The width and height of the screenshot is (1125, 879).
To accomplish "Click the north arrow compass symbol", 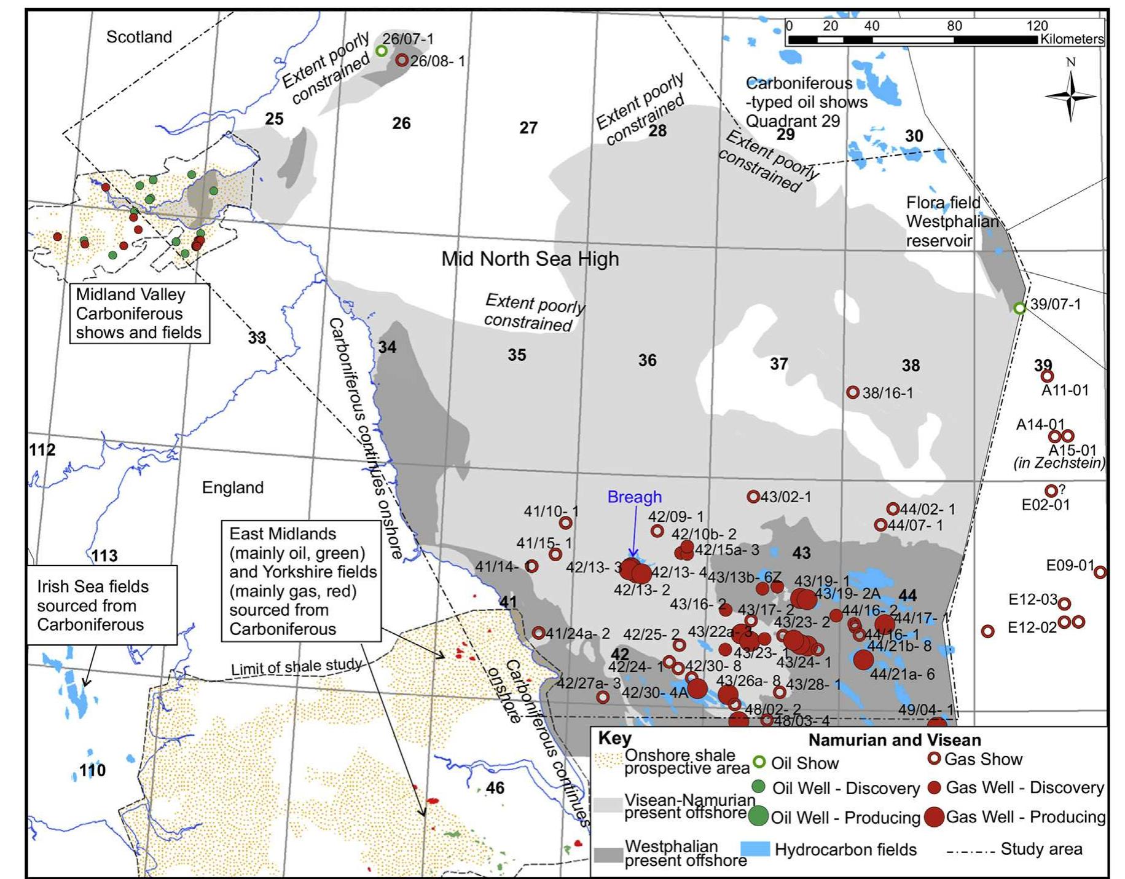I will pos(1070,95).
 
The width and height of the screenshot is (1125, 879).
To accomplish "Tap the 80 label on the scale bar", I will pos(954,26).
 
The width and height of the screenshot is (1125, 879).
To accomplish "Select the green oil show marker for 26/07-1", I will pos(382,50).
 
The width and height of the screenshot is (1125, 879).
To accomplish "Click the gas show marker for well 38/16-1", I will pos(852,392).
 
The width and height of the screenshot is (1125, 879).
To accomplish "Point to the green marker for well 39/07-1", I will pos(1019,308).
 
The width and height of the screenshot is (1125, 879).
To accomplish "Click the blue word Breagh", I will pos(634,497).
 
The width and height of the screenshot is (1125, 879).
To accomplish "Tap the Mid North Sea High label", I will pos(530,259).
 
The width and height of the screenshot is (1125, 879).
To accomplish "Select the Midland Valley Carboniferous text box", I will pos(139,313).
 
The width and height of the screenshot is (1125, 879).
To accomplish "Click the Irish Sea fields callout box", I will pos(102,605).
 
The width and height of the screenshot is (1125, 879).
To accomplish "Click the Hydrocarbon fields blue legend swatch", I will pos(755,849).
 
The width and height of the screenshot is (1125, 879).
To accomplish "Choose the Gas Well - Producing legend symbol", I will pos(934,817).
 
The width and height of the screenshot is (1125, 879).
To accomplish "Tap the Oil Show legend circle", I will pos(759,762).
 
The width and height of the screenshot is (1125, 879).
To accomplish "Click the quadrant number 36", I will pos(647,360).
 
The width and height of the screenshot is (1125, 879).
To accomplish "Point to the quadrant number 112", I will pos(42,450).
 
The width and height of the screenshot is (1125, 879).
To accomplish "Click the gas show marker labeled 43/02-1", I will pos(753,496).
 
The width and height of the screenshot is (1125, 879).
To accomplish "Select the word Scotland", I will pos(139,37).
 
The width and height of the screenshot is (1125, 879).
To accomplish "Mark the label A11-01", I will pos(1064,390).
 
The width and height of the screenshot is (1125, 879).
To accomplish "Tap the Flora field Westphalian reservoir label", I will pos(952,221).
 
